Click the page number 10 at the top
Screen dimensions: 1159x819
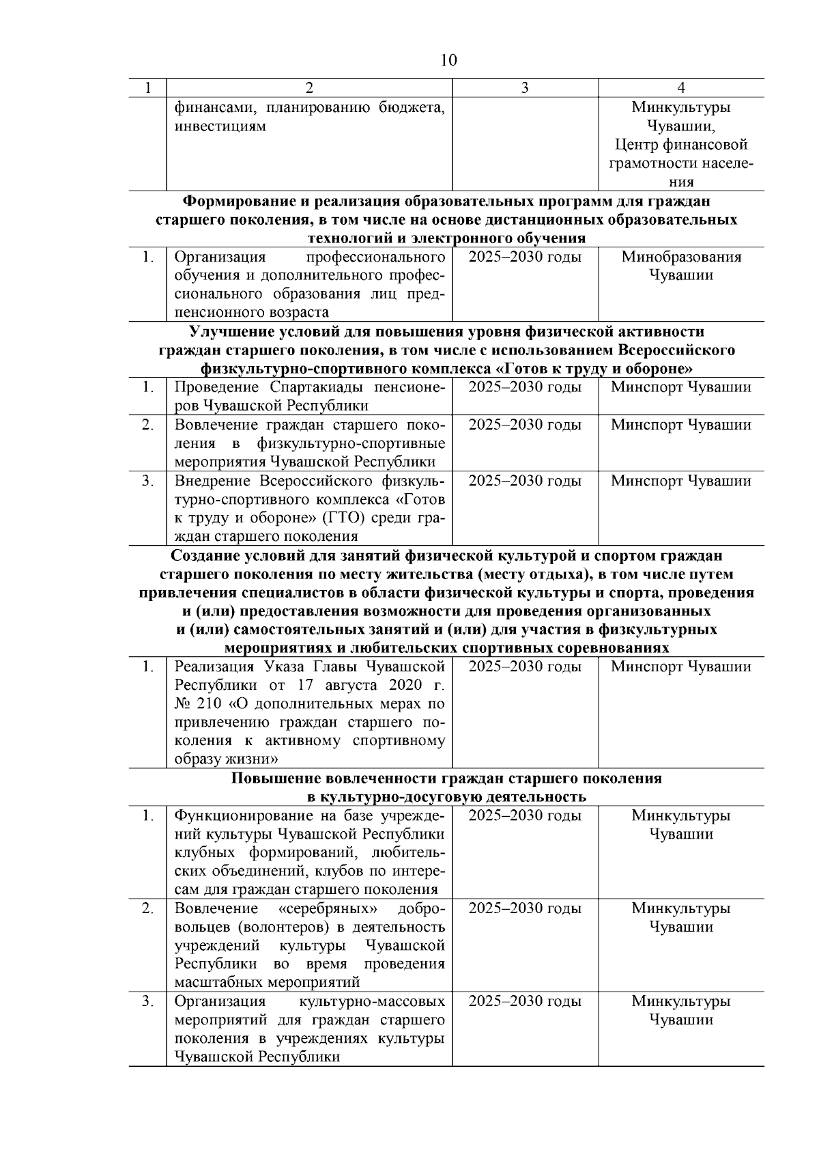coord(448,60)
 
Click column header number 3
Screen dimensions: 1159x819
coord(524,87)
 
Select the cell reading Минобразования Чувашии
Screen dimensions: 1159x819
coord(680,266)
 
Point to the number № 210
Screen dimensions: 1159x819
coord(198,703)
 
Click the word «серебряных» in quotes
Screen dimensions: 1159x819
coord(329,908)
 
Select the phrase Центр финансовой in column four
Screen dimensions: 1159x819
coord(680,145)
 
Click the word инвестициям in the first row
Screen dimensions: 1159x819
coord(220,126)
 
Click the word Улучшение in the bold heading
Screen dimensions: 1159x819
coord(230,332)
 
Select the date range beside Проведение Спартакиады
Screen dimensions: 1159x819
coord(525,387)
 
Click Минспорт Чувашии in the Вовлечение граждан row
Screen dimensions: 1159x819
coord(680,425)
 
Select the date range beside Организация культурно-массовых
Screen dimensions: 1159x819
coord(525,1001)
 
